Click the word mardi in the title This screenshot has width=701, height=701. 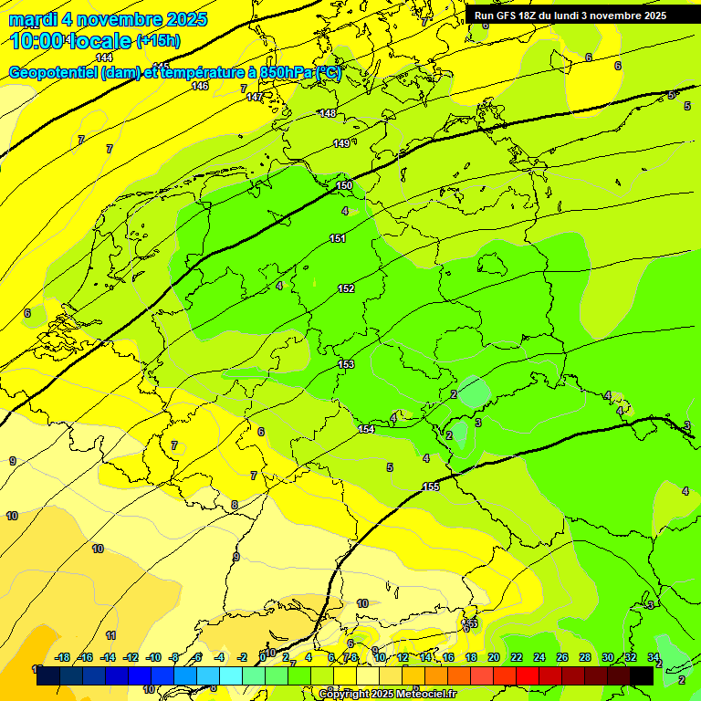pos(33,19)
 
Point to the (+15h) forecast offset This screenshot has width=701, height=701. pos(158,41)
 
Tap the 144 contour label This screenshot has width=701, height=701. pos(104,58)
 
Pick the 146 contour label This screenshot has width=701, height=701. pos(200,86)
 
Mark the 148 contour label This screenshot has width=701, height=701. pos(328,113)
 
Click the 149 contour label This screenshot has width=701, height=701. pos(341,143)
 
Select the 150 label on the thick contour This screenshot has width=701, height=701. pos(344,185)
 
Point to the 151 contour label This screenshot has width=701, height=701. pos(338,238)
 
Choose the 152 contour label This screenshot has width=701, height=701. pos(346,288)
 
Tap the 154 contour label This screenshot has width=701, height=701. pos(366,429)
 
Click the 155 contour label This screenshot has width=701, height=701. pos(431,487)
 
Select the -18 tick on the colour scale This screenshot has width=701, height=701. pos(63,657)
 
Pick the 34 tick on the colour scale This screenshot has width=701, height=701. pos(654,657)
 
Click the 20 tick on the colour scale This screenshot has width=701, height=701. pos(494,657)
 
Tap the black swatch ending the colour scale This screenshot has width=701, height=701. pos(642,675)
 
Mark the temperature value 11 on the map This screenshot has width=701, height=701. pos(110,635)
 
